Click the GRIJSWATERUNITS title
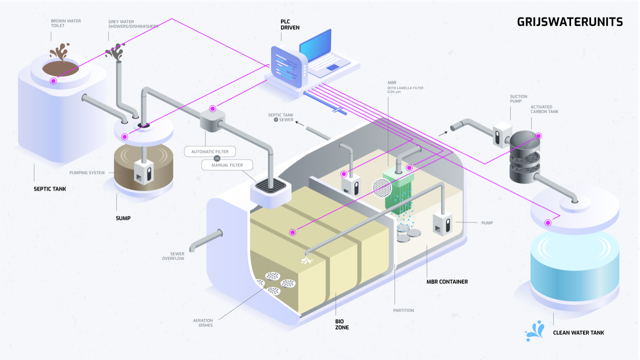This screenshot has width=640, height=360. [569, 22]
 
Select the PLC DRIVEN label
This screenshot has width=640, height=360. [290, 24]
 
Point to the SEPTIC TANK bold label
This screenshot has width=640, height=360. [49, 189]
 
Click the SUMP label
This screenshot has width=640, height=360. [123, 218]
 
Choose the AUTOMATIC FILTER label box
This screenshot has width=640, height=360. [210, 151]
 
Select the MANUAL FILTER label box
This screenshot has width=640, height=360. [227, 165]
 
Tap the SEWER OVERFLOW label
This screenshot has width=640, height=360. [173, 256]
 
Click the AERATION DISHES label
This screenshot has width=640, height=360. [203, 323]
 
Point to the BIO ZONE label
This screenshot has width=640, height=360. [342, 324]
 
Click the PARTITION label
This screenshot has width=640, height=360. [403, 310]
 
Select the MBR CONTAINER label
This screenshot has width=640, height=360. [447, 282]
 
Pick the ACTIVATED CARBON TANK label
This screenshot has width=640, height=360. [544, 109]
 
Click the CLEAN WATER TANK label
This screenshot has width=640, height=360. [578, 333]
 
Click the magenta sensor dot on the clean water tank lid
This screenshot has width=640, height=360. [548, 222]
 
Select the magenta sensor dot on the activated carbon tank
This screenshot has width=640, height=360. [539, 135]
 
